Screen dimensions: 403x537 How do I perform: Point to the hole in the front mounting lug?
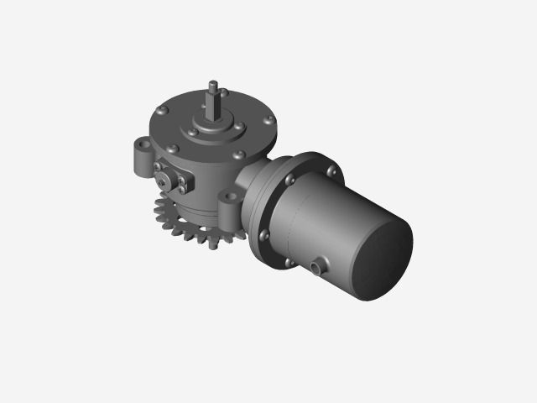click(x=229, y=198)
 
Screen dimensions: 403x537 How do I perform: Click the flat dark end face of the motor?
click(x=383, y=257)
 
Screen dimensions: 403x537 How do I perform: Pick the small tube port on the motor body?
click(x=316, y=268)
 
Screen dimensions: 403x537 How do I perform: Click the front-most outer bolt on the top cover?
click(x=241, y=154)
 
